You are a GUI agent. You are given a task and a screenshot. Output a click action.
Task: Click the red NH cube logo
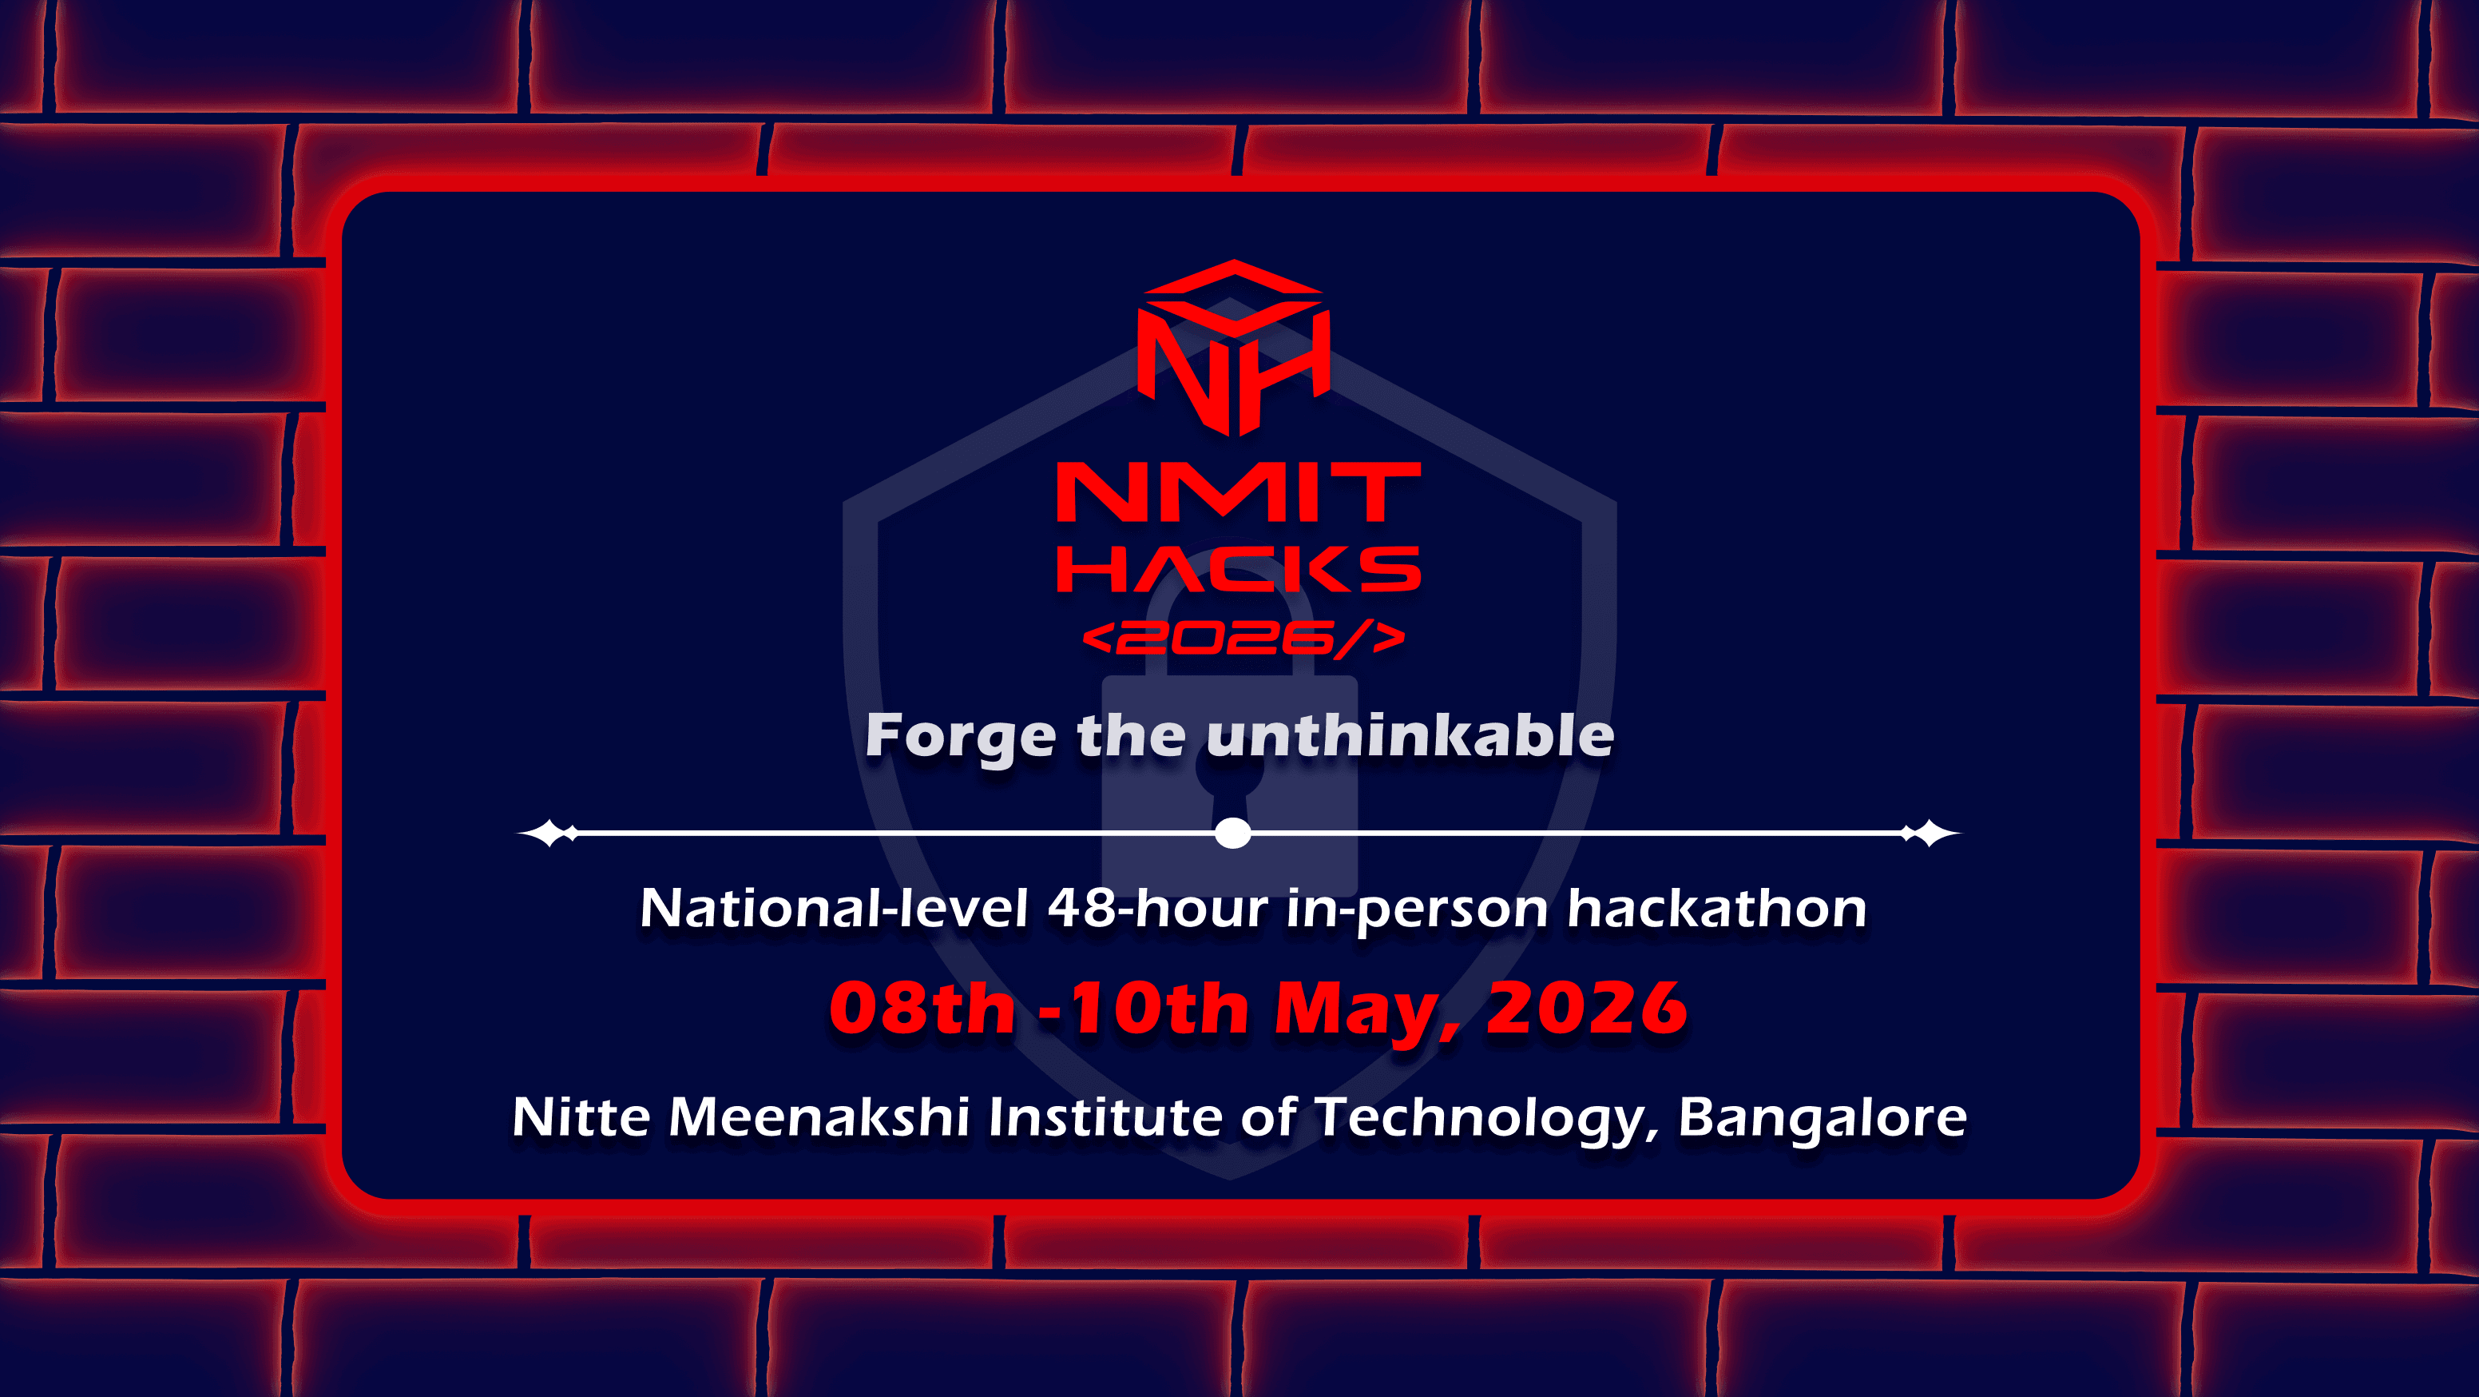pos(1234,348)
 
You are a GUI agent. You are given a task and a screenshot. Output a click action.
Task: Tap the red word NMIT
pos(1239,492)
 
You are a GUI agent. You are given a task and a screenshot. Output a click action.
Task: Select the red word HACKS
pos(1239,569)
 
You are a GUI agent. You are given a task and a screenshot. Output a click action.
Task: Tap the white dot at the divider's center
pos(1233,833)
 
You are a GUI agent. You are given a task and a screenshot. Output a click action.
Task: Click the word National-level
pos(835,908)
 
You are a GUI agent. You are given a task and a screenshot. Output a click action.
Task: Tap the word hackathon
pos(1717,908)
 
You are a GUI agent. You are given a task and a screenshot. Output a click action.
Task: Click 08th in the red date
pos(922,1009)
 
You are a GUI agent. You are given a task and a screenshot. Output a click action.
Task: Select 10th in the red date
pos(1159,1009)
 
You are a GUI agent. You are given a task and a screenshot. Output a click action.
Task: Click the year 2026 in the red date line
pos(1586,1009)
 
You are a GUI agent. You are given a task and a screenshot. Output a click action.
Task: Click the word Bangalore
pos(1823,1119)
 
